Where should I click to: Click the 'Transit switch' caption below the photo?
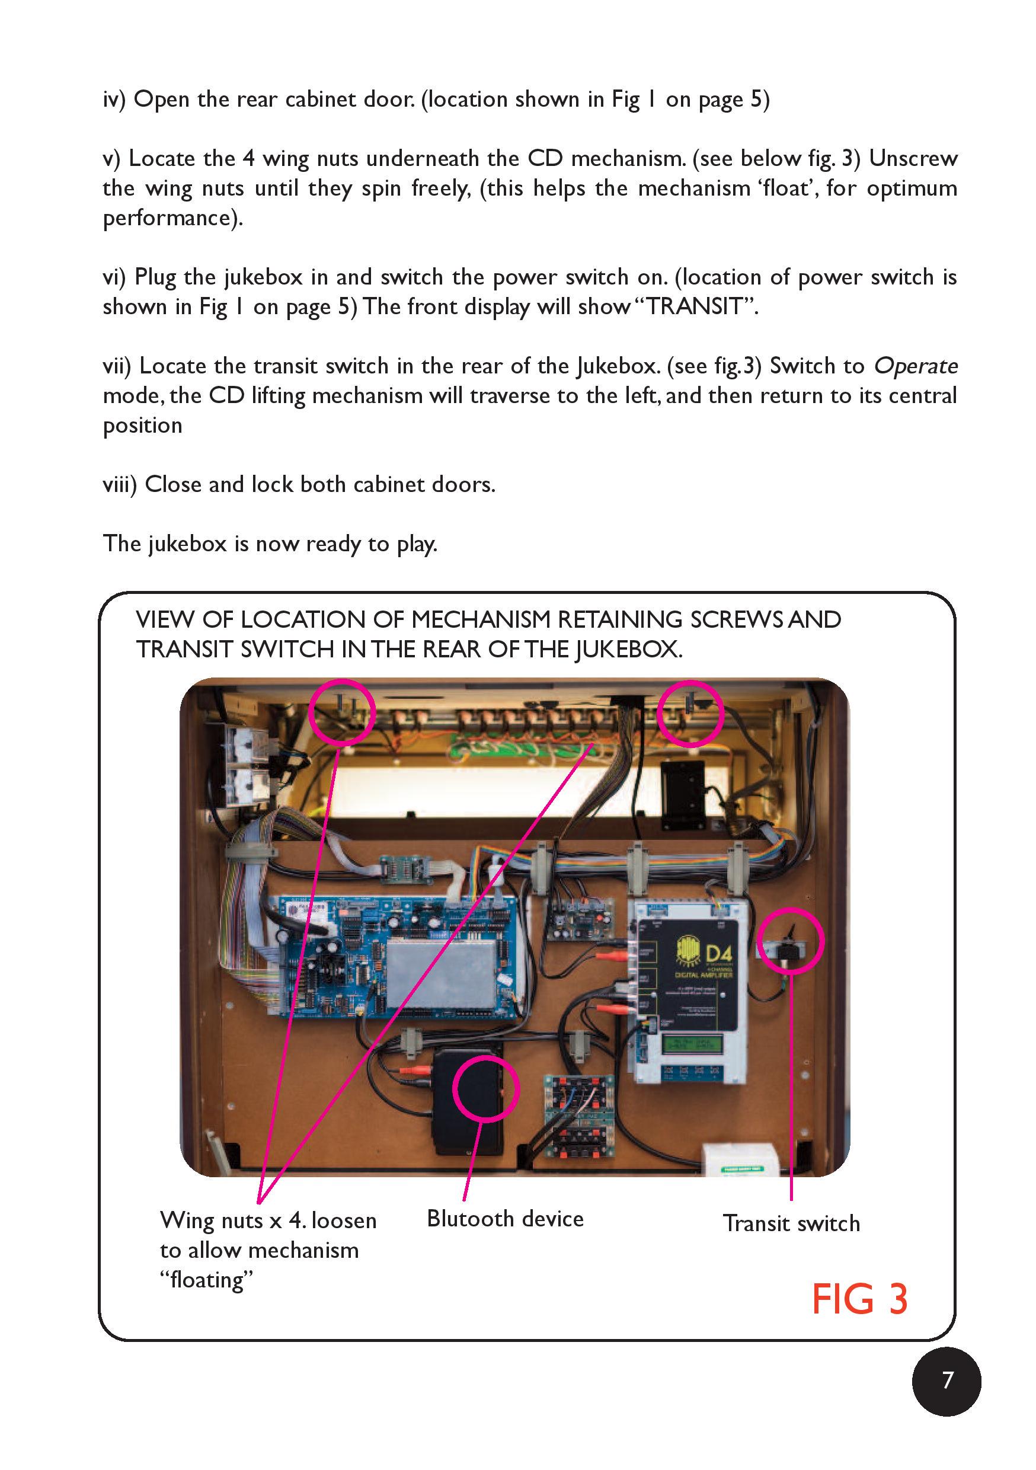(791, 1223)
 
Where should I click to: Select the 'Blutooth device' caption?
(505, 1219)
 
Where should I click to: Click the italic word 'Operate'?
(916, 366)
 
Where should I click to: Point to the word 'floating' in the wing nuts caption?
(207, 1280)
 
